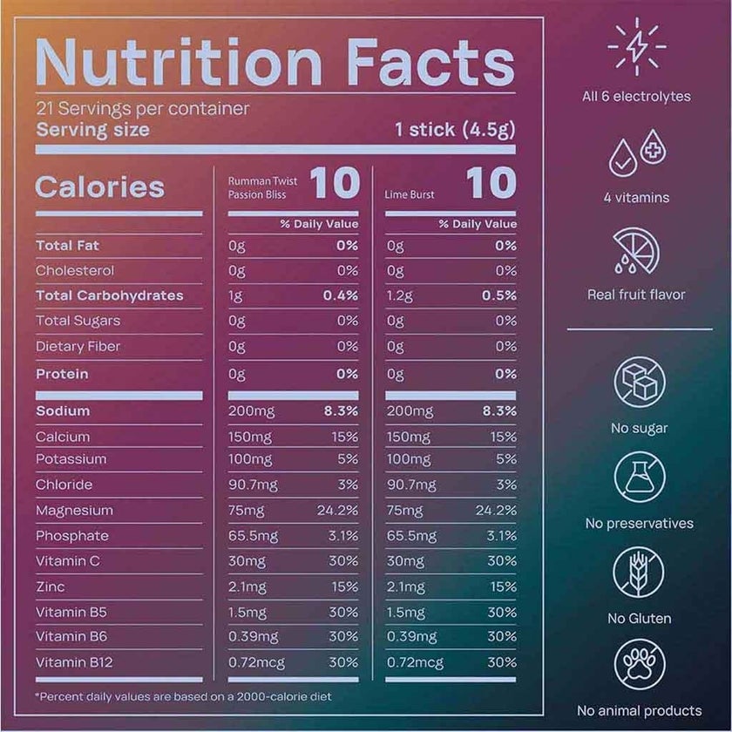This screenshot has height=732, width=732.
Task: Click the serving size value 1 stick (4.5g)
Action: point(454,131)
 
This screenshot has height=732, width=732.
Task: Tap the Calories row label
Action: point(99,186)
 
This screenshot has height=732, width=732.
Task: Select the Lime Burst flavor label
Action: point(410,194)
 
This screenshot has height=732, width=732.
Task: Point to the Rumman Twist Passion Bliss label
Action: point(262,187)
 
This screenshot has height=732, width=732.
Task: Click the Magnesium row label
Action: point(74,510)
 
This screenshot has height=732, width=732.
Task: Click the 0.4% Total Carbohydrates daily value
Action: point(340,295)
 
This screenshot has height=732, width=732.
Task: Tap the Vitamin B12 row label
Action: point(74,662)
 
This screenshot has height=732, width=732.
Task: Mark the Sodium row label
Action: point(63,411)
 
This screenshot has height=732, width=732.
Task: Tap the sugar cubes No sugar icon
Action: point(639,383)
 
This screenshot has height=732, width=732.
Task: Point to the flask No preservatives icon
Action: point(639,477)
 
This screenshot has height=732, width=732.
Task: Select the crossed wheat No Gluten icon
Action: point(639,572)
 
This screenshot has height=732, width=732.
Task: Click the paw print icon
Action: point(639,665)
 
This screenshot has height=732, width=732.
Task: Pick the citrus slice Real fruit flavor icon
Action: point(636,251)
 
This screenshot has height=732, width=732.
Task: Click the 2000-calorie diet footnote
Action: point(183,696)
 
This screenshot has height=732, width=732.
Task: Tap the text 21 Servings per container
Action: point(143,110)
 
